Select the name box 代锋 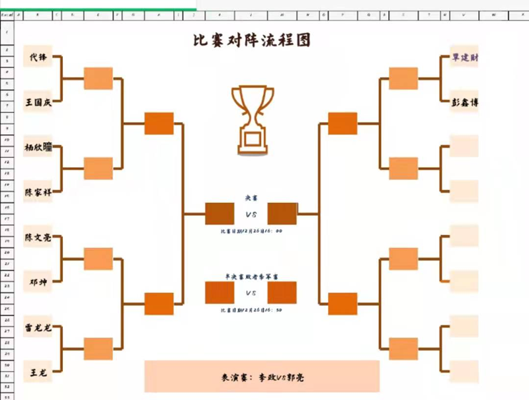[x=38, y=57]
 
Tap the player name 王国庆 [x=38, y=102]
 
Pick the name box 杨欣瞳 [x=38, y=147]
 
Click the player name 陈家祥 [x=38, y=191]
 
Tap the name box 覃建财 [x=464, y=58]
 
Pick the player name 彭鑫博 [x=464, y=102]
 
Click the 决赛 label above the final [x=251, y=197]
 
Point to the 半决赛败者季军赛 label [x=251, y=277]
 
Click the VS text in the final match [x=251, y=214]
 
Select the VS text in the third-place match [x=251, y=293]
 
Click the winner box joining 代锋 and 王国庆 [x=98, y=78]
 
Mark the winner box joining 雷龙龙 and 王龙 [x=98, y=348]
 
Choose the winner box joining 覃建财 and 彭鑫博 [x=403, y=78]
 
